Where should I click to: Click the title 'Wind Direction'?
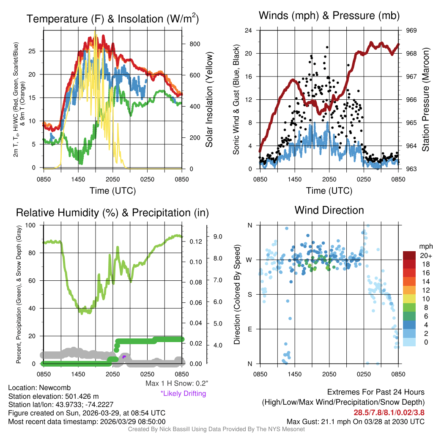[x=329, y=210]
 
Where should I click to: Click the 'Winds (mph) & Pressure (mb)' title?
[x=329, y=16]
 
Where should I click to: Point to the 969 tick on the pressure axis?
[x=411, y=30]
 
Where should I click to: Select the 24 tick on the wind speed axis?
[x=249, y=30]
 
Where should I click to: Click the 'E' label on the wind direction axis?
[x=249, y=329]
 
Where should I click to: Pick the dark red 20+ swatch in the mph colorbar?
[x=410, y=255]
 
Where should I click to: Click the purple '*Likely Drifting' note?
[x=183, y=393]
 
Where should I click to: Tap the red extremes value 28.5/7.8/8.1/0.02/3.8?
[x=389, y=413]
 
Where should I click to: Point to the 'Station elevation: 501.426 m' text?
[x=53, y=396]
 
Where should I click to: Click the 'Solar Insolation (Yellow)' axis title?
[x=209, y=100]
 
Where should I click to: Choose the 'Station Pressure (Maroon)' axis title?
[x=425, y=100]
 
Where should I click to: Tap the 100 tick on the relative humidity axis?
[x=33, y=225]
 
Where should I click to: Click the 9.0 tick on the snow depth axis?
[x=218, y=236]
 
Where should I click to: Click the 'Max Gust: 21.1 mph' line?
[x=356, y=421]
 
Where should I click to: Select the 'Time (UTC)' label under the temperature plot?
[x=113, y=191]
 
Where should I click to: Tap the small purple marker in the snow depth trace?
[x=124, y=357]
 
